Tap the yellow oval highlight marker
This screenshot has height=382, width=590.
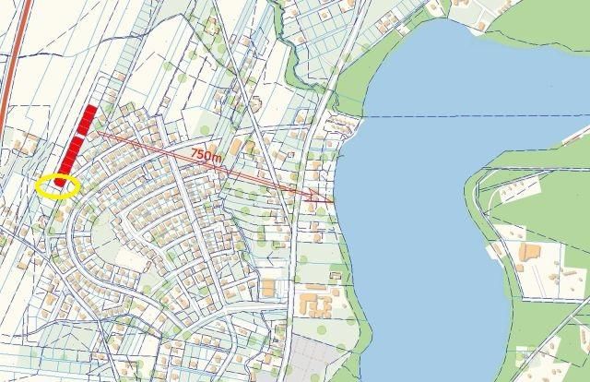(x=57, y=185)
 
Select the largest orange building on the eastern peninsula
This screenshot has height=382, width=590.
(x=530, y=252)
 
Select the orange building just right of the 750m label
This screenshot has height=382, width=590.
(x=237, y=148)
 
